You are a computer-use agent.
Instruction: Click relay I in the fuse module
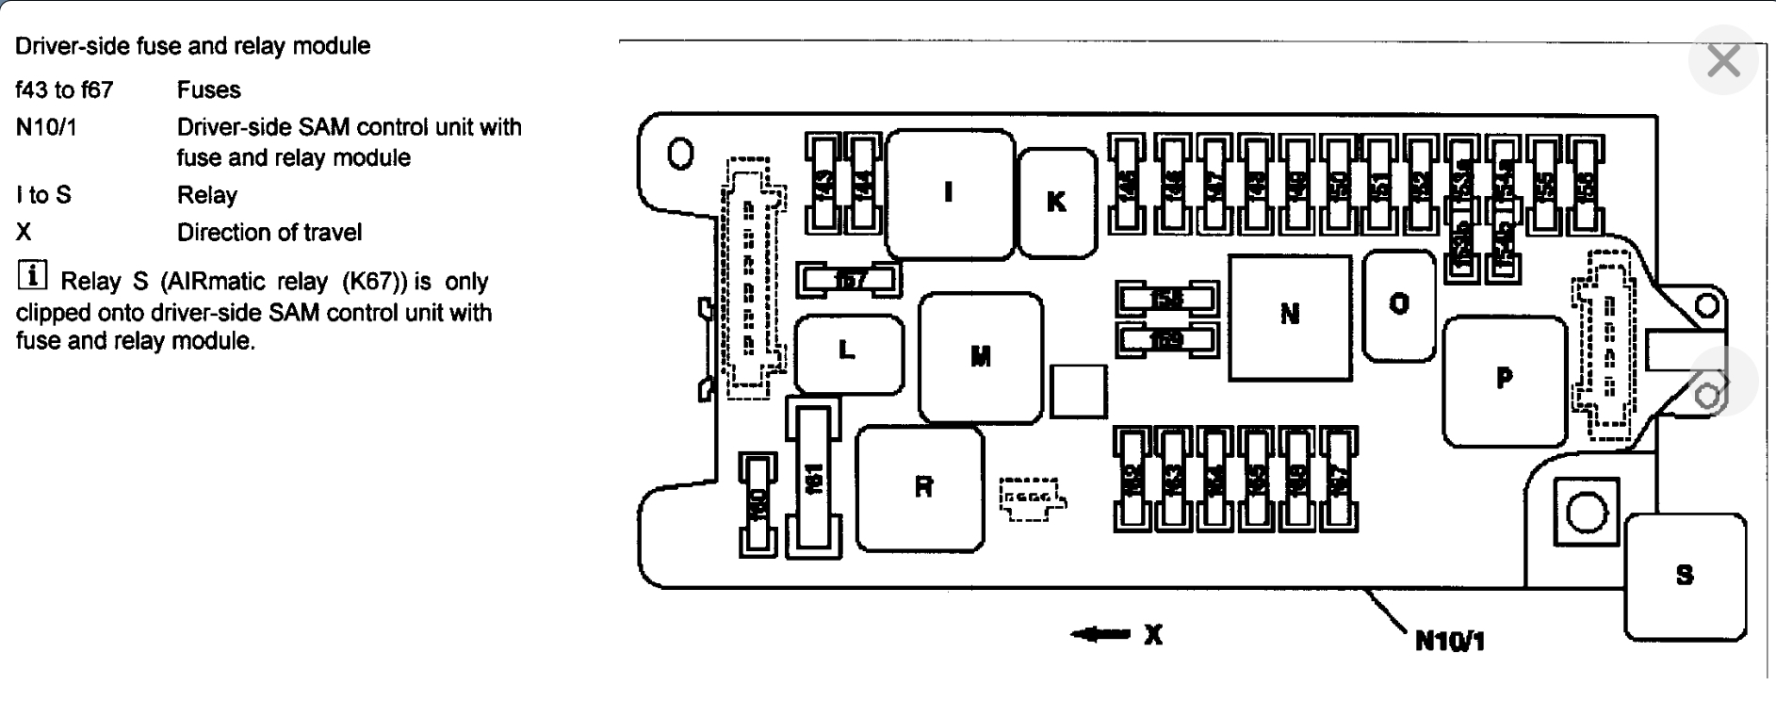pyautogui.click(x=950, y=193)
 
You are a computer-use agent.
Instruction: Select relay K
pyautogui.click(x=1057, y=202)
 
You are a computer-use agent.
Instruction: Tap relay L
pyautogui.click(x=848, y=352)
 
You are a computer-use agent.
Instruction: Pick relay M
pyautogui.click(x=981, y=357)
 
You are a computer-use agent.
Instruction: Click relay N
pyautogui.click(x=1289, y=315)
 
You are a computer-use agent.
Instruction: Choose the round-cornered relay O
pyautogui.click(x=1399, y=304)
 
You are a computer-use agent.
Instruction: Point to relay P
pyautogui.click(x=1504, y=380)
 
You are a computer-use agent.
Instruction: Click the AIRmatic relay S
pyautogui.click(x=1685, y=576)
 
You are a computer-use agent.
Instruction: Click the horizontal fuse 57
pyautogui.click(x=850, y=279)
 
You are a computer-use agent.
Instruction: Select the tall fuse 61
pyautogui.click(x=814, y=479)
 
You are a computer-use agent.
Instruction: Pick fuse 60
pyautogui.click(x=757, y=504)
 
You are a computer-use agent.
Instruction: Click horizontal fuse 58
pyautogui.click(x=1166, y=300)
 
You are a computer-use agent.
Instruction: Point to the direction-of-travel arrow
pyautogui.click(x=1100, y=634)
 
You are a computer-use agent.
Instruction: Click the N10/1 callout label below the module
pyautogui.click(x=1450, y=642)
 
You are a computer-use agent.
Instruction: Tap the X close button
pyautogui.click(x=1723, y=61)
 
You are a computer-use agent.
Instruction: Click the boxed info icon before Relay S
pyautogui.click(x=31, y=276)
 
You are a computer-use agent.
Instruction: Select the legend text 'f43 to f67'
pyautogui.click(x=64, y=90)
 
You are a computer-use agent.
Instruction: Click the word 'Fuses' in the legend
pyautogui.click(x=208, y=90)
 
